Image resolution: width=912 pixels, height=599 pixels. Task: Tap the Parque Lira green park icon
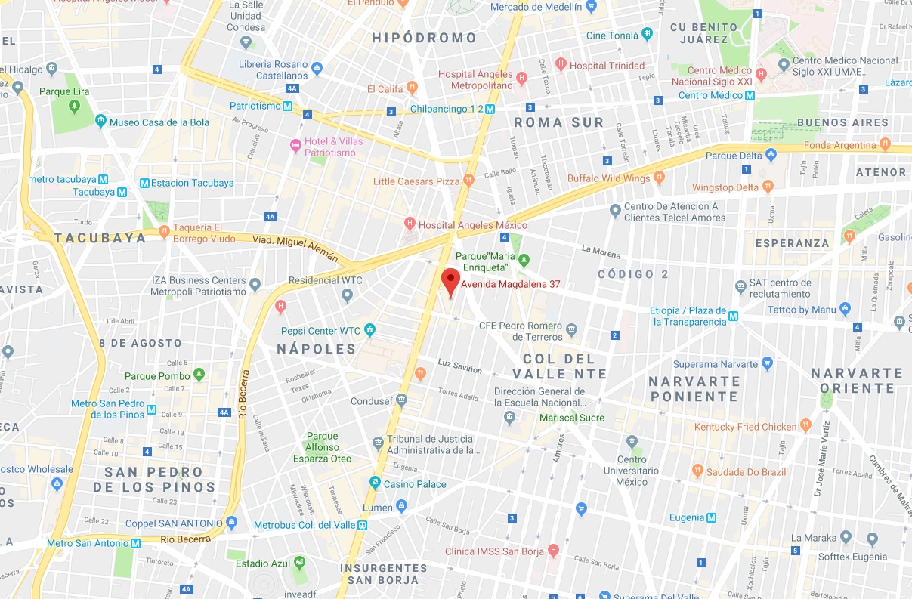tap(74, 105)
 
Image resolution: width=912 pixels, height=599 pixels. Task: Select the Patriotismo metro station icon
tap(288, 107)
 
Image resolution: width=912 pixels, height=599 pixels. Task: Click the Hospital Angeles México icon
tap(410, 224)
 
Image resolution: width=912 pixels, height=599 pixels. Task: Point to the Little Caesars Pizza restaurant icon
tap(468, 180)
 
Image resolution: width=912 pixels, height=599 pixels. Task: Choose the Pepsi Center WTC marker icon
tap(369, 330)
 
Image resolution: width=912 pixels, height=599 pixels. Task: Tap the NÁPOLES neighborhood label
tap(316, 349)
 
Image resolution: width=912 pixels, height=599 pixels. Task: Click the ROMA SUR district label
tap(558, 122)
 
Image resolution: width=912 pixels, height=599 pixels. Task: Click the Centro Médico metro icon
tap(750, 95)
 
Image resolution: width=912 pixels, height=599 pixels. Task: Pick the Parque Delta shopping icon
tap(771, 156)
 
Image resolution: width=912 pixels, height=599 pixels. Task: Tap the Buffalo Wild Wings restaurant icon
tap(659, 178)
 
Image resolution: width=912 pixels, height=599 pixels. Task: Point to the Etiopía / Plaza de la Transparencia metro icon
tap(733, 321)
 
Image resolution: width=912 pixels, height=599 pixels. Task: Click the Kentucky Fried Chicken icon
tap(805, 426)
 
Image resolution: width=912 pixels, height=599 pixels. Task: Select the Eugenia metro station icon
tap(711, 518)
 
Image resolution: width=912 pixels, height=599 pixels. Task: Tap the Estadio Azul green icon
tap(299, 563)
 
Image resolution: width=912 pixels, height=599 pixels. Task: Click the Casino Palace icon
tap(375, 483)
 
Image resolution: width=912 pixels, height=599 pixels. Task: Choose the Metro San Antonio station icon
tap(136, 543)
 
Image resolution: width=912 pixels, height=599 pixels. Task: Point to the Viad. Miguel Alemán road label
tap(295, 248)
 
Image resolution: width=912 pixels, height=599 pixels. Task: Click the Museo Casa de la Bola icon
tap(100, 122)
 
